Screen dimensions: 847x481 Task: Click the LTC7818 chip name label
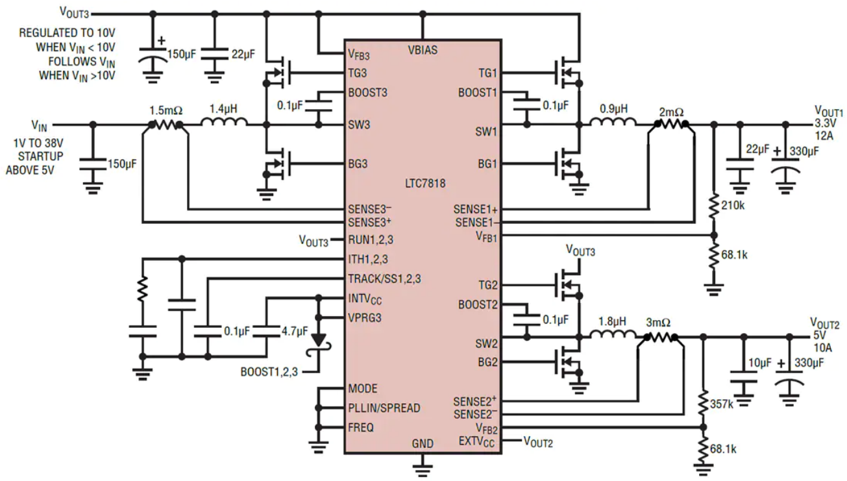(x=425, y=184)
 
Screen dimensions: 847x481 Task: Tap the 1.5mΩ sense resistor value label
(x=166, y=111)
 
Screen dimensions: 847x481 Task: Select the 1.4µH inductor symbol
(x=225, y=122)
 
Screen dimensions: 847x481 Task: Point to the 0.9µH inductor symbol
(x=613, y=122)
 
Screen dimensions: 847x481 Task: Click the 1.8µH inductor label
(x=612, y=321)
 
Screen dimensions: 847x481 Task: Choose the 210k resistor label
(x=733, y=205)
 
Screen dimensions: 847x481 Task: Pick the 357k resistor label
(x=722, y=404)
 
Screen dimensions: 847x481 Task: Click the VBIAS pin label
(x=423, y=50)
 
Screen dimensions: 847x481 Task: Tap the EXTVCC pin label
(x=476, y=441)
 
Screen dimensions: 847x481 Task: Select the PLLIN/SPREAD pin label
(x=384, y=408)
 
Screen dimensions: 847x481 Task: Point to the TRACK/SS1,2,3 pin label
(x=384, y=279)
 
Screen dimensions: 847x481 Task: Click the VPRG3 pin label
(x=365, y=317)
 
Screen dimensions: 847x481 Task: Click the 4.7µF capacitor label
(x=295, y=331)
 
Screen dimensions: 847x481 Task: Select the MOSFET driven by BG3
(x=278, y=164)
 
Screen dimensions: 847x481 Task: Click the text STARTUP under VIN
(x=40, y=156)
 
